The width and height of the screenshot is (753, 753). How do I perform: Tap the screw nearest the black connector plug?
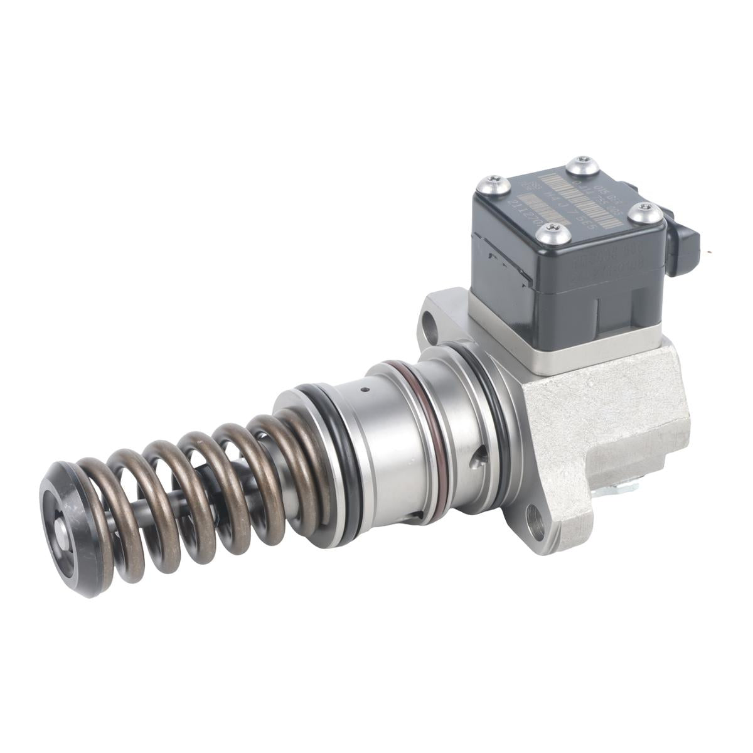(x=644, y=213)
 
